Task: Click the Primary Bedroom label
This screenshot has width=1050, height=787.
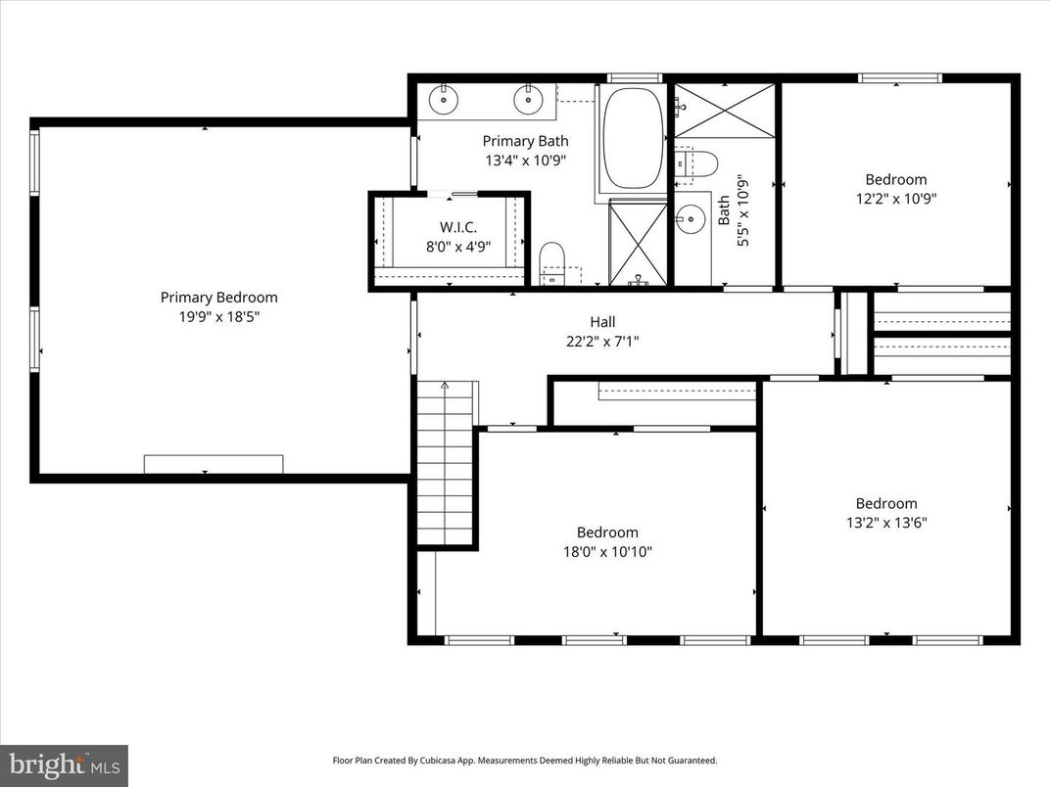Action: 218,298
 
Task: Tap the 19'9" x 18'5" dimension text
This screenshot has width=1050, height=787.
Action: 218,316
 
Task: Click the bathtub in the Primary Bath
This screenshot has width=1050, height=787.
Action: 633,138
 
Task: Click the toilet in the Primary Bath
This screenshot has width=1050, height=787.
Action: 553,262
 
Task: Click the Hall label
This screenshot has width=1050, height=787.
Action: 602,322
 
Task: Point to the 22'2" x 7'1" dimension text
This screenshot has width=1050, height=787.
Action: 602,341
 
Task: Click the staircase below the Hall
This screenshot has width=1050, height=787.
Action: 446,460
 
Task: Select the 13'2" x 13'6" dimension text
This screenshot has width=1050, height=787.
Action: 886,522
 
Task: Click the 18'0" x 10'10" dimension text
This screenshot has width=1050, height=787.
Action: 607,551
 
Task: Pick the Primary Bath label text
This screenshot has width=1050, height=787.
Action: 525,141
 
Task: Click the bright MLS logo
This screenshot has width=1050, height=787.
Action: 64,764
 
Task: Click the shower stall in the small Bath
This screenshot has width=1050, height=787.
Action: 725,111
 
